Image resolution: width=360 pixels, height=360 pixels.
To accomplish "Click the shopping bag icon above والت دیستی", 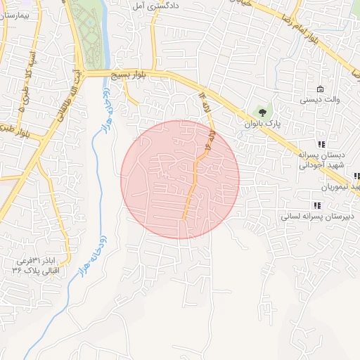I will click(321, 89).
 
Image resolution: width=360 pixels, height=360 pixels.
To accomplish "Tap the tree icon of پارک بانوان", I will click(262, 112).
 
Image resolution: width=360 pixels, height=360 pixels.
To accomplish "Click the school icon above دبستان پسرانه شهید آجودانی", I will click(323, 144).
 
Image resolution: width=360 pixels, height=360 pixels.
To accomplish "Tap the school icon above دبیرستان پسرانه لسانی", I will click(317, 205).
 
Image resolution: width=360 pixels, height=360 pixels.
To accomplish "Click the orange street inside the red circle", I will click(191, 190).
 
